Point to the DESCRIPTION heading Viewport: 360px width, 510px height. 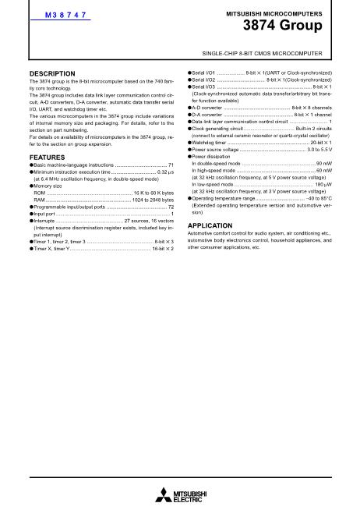[51, 73]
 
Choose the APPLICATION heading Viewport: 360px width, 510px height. [210, 225]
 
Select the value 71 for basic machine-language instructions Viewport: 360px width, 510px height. [171, 165]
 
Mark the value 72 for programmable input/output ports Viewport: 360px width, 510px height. [171, 207]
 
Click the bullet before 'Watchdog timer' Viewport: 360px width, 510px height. [190, 143]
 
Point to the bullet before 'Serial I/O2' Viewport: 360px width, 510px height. [190, 80]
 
